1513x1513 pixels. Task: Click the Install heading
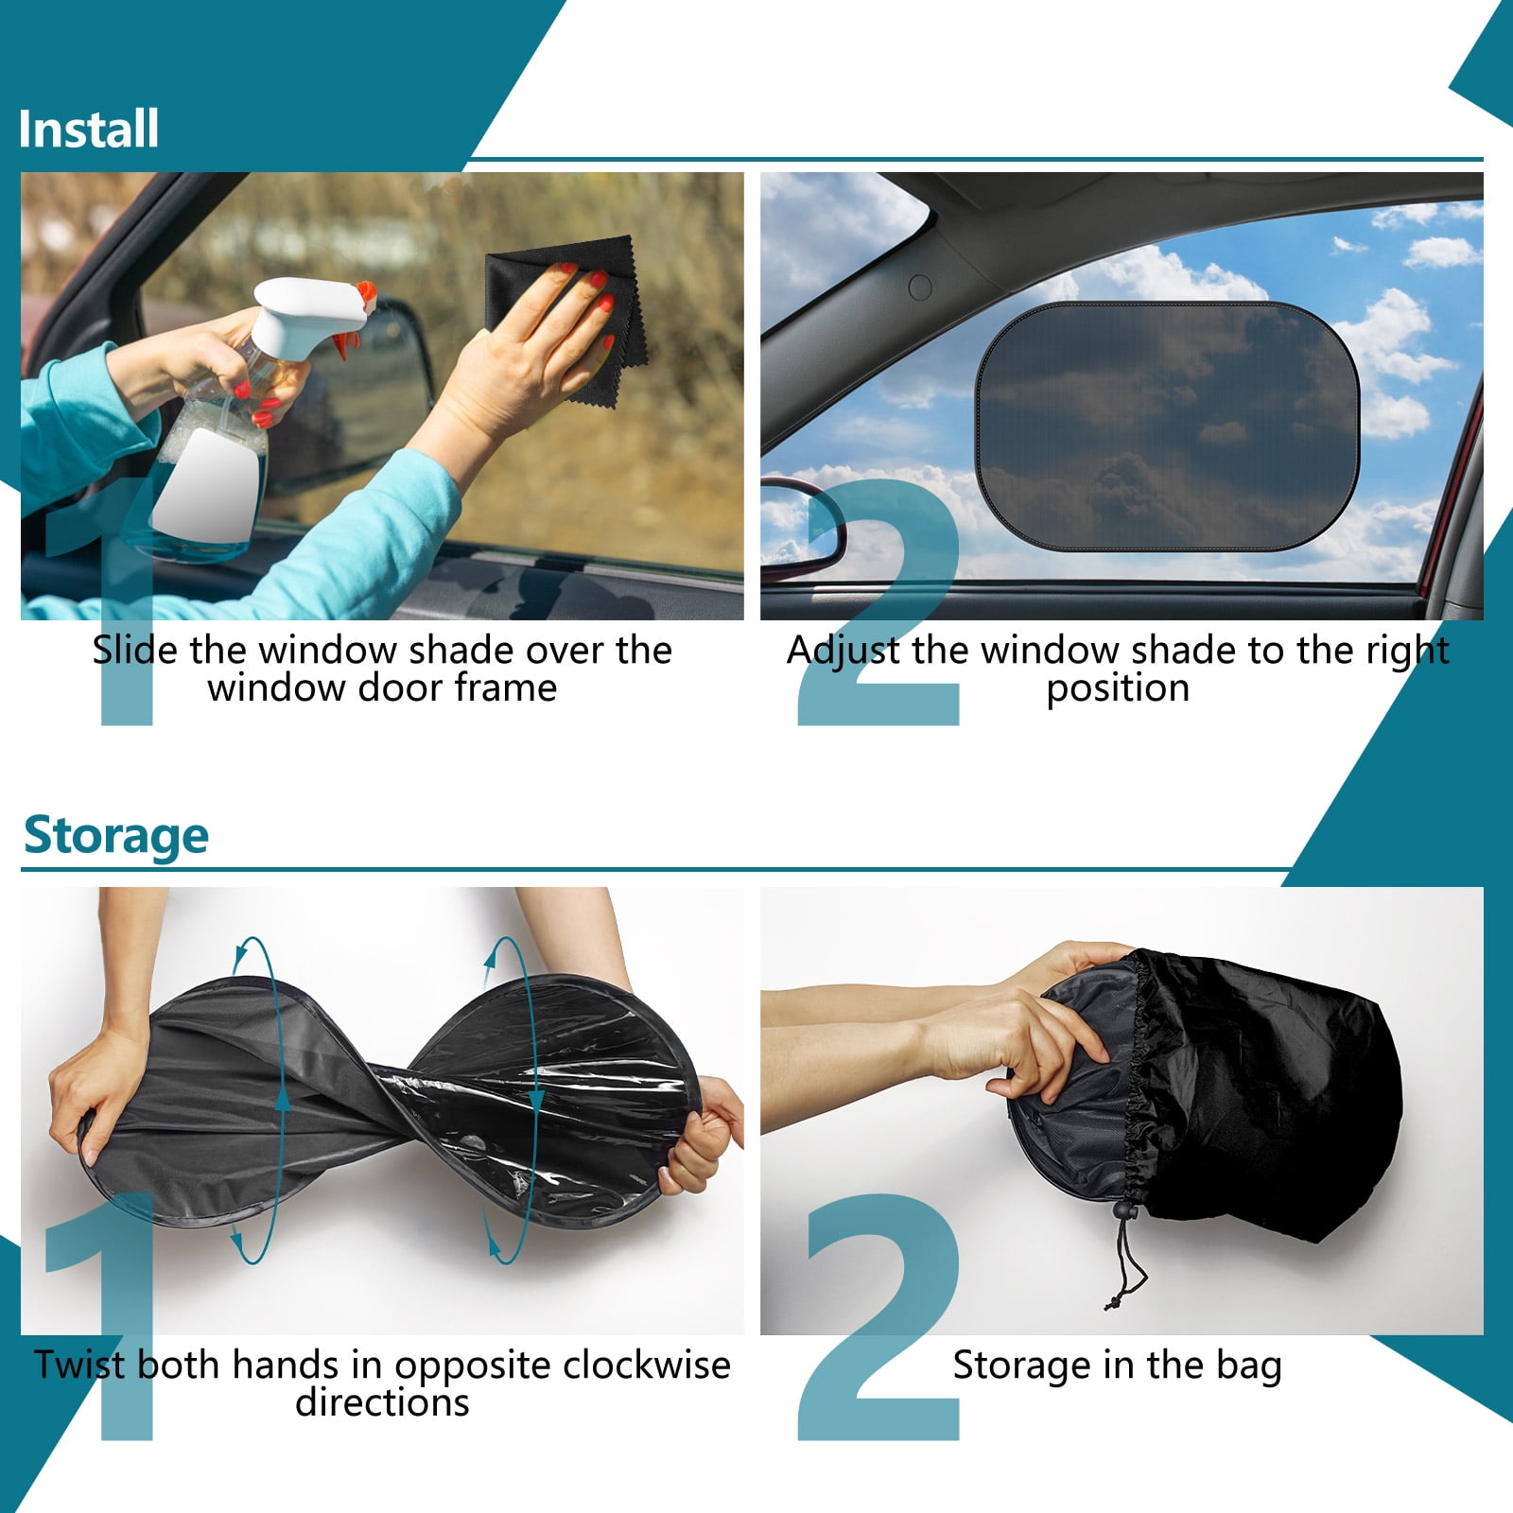[89, 130]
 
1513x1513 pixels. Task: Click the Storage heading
[115, 836]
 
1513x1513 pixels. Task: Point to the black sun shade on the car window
[1168, 426]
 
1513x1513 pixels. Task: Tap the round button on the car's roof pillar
[920, 287]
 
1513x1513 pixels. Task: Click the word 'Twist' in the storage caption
[79, 1365]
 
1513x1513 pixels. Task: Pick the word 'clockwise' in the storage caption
[644, 1365]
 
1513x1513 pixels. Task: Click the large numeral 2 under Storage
[878, 1317]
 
